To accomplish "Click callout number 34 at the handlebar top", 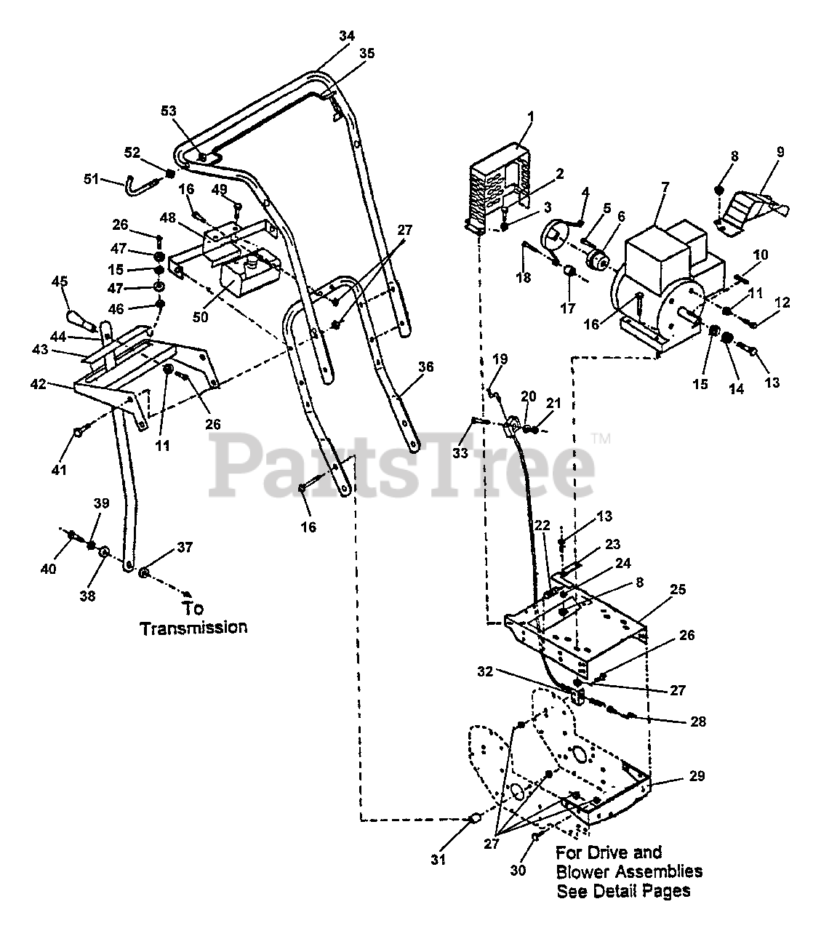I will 347,35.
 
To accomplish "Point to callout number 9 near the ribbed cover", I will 780,152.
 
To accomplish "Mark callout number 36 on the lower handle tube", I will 425,367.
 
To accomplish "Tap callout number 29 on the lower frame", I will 697,776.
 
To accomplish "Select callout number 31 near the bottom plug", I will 436,859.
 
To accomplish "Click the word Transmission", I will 193,628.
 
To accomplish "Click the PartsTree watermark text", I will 404,465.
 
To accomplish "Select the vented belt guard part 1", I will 494,189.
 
